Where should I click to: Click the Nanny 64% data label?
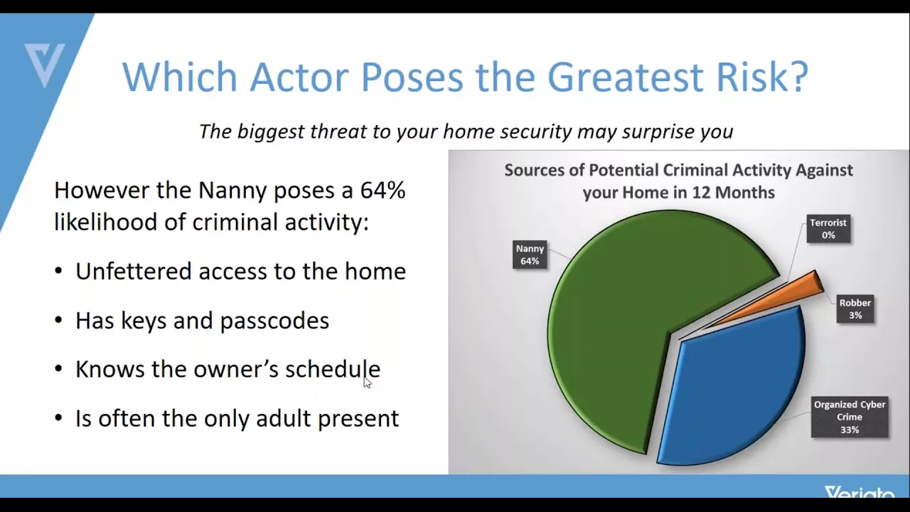click(x=530, y=255)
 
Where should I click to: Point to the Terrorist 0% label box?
click(x=828, y=229)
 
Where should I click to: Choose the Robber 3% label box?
click(x=855, y=309)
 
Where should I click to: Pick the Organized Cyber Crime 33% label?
click(x=850, y=417)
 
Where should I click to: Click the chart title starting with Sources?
click(x=678, y=181)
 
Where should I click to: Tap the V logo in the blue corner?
click(x=45, y=65)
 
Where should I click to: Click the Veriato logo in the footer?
click(x=860, y=492)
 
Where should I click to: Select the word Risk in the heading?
click(x=762, y=77)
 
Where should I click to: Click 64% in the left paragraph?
click(x=382, y=190)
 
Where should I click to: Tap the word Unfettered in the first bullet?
click(x=133, y=271)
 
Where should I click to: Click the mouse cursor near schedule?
click(x=368, y=383)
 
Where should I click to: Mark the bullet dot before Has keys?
click(x=58, y=320)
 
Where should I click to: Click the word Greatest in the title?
click(x=626, y=77)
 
